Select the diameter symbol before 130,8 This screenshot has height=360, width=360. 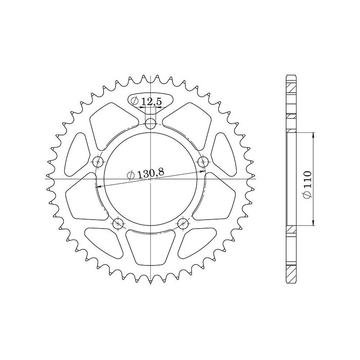coord(131,176)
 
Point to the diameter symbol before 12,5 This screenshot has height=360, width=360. coord(137,102)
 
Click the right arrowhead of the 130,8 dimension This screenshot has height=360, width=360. coord(203,171)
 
